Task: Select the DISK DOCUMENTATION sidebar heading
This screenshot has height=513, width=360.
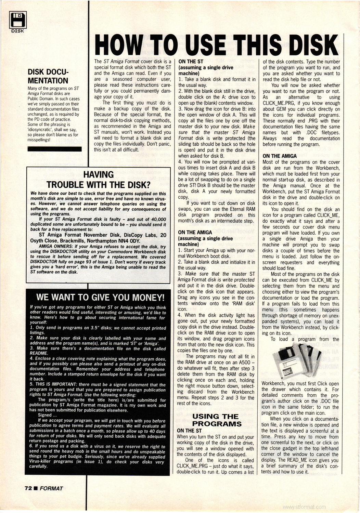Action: tap(48, 76)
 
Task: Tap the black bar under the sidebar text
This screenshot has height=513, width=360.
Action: tap(54, 149)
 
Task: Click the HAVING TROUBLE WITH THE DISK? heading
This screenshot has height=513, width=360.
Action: tap(99, 180)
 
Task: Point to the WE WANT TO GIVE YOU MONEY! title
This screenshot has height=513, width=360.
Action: tap(100, 297)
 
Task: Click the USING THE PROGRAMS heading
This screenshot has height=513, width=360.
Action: tap(217, 420)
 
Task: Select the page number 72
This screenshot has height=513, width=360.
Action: tap(28, 488)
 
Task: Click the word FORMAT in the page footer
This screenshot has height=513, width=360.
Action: tap(51, 488)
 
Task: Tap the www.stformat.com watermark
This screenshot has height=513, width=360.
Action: tap(305, 507)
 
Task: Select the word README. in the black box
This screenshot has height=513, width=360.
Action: tap(39, 353)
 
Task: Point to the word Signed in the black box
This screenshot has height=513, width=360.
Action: tap(45, 415)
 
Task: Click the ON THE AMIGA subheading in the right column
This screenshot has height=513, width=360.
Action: tap(279, 156)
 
